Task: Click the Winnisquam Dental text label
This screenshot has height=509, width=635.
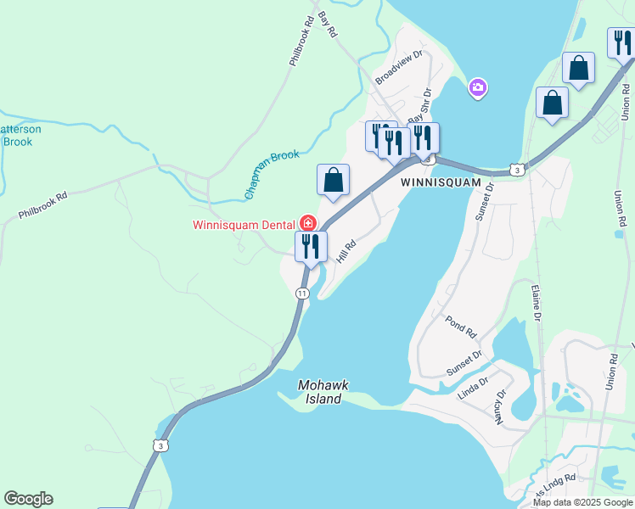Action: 243,226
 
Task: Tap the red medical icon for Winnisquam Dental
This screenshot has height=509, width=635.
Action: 308,225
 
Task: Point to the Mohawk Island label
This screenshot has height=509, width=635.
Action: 323,392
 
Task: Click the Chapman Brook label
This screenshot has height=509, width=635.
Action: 273,176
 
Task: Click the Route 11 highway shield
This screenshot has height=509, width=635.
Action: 302,293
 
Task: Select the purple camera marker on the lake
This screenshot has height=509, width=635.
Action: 478,87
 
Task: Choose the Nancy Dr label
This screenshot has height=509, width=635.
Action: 500,406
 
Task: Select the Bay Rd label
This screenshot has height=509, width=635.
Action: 328,23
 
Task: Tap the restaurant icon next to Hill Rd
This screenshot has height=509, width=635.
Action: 311,246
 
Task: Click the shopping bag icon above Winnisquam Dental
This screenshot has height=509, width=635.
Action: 334,180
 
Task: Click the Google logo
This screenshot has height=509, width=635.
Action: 28,499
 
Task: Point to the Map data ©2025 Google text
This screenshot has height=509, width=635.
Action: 582,502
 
